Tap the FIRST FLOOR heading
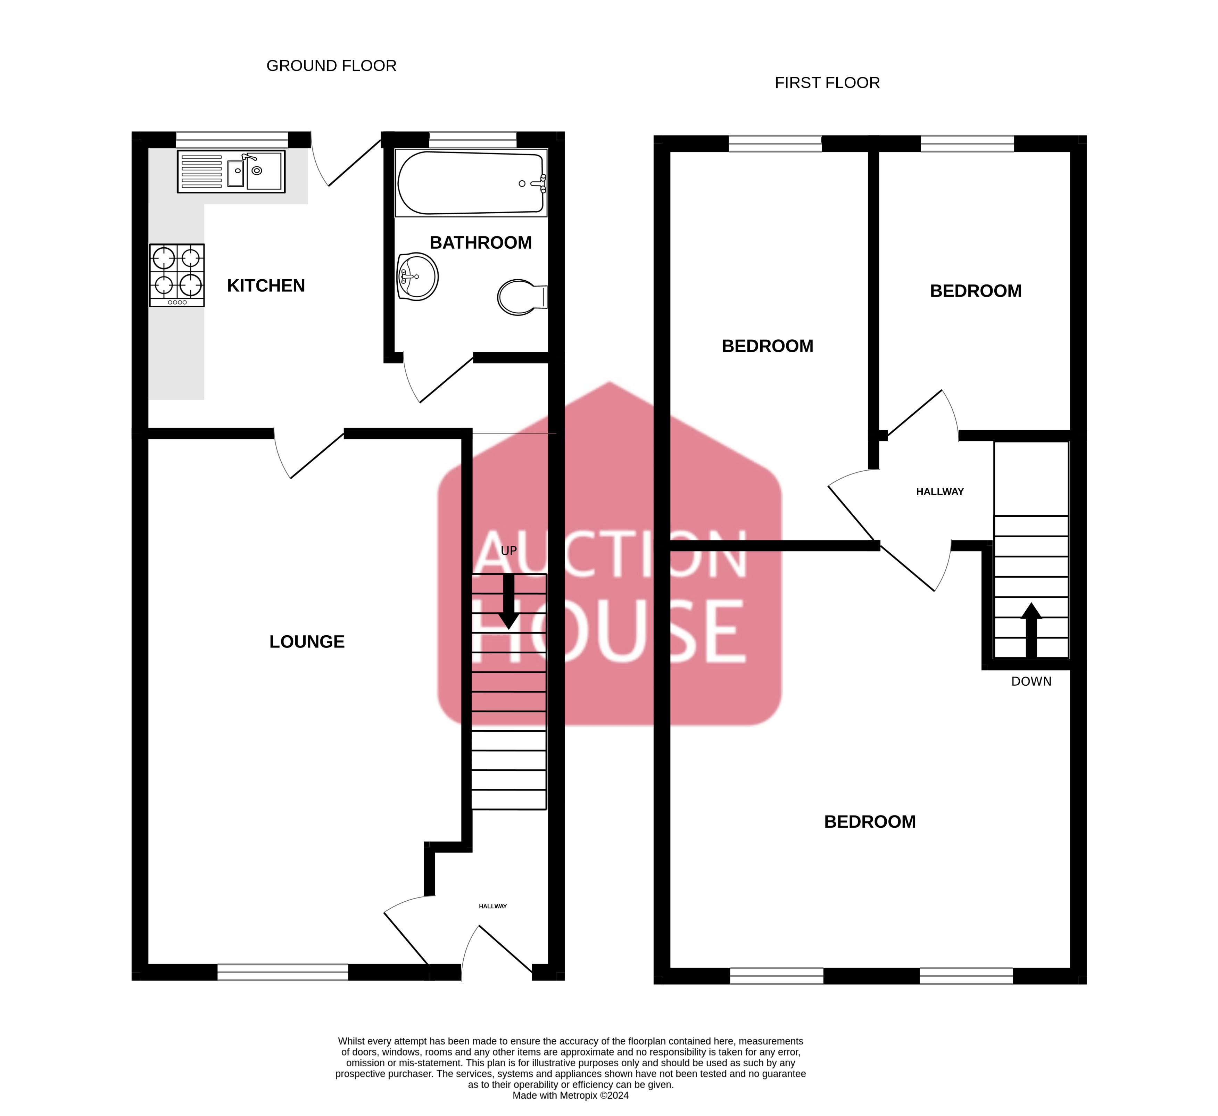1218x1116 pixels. coord(827,83)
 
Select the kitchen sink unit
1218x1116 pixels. coord(231,172)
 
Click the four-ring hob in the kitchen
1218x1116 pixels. coord(177,275)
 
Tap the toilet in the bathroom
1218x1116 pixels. coord(522,297)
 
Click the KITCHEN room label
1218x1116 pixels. coord(266,286)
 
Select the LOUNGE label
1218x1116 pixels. coord(307,642)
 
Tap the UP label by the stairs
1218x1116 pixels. coord(509,551)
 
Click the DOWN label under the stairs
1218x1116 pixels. coord(1031,681)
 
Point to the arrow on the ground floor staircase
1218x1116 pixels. coord(509,601)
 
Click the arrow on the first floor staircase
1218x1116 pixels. coord(1031,630)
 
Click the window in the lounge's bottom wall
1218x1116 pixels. coord(283,972)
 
